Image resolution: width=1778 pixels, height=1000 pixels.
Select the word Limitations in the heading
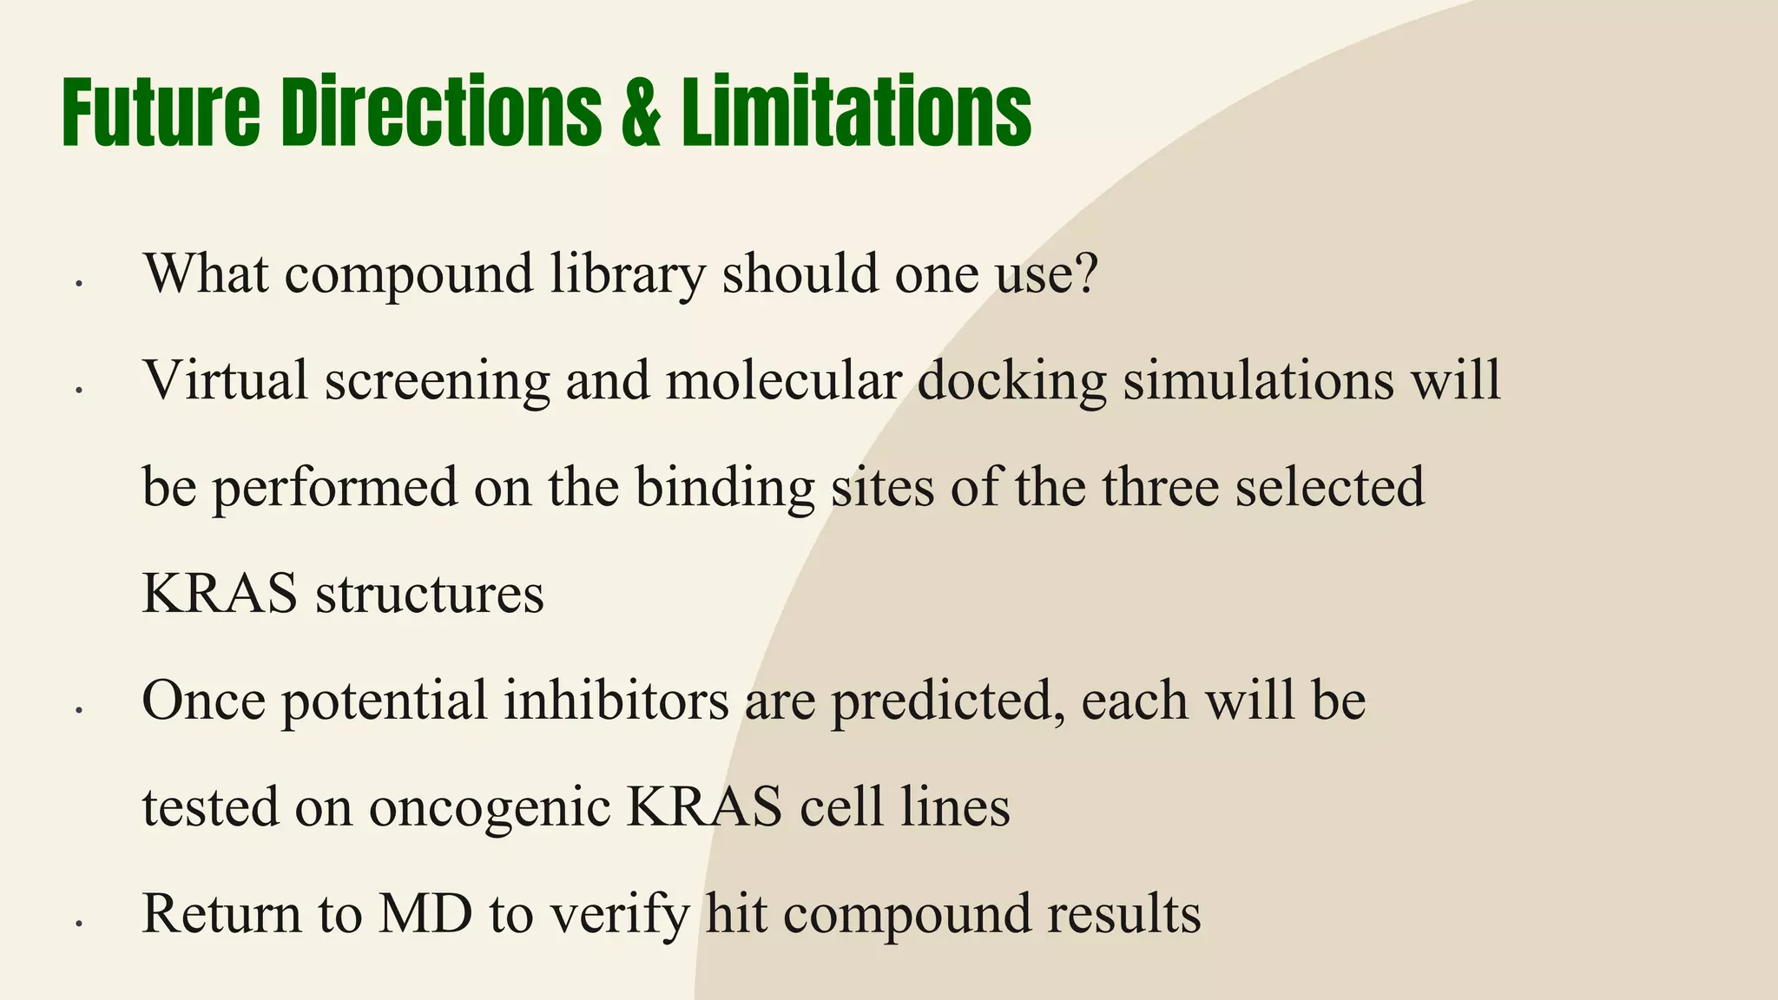(x=856, y=114)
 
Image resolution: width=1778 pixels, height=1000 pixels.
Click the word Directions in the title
(x=441, y=114)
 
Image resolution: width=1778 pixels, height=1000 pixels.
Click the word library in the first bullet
(x=628, y=274)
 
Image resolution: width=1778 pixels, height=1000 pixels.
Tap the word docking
(x=1011, y=382)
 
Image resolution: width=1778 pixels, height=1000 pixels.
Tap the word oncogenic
(x=490, y=808)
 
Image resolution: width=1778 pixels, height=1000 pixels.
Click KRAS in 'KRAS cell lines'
(x=704, y=806)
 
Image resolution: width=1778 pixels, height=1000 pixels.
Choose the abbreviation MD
(x=425, y=913)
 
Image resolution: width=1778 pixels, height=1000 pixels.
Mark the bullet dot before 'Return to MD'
(x=78, y=925)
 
